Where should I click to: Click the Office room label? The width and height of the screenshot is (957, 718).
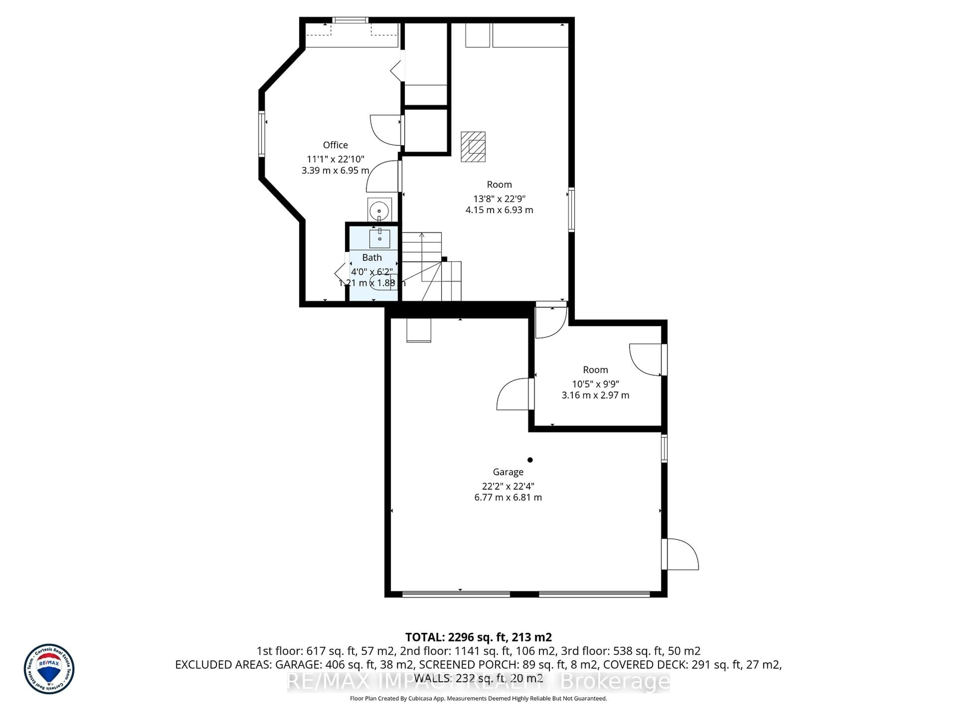tap(335, 145)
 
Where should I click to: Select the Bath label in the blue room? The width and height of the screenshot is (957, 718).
tap(372, 258)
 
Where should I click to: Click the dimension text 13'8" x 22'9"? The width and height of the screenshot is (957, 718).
tap(499, 199)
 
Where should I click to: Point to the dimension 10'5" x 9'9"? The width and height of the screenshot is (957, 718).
tap(595, 384)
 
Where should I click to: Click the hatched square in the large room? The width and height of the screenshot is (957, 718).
tap(473, 147)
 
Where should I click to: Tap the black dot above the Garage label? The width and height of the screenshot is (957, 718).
tap(530, 460)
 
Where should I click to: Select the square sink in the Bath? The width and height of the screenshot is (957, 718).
tap(379, 239)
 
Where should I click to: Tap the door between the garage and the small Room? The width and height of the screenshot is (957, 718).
tap(515, 394)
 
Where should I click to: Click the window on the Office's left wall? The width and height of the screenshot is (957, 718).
tap(262, 134)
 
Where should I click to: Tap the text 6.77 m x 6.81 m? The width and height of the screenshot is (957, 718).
tap(508, 497)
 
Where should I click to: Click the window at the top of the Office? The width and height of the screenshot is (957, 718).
tap(350, 20)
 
